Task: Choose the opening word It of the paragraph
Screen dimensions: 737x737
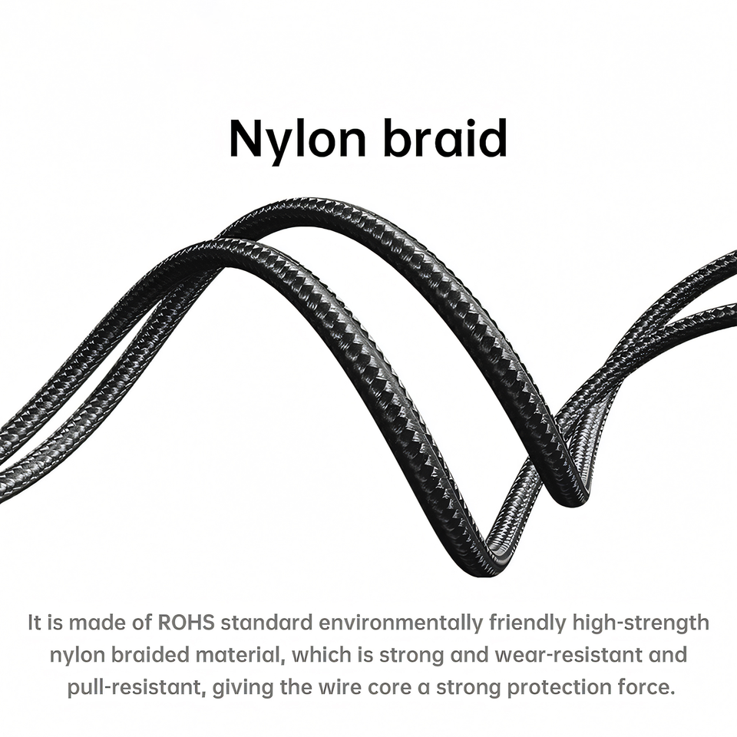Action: click(35, 622)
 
